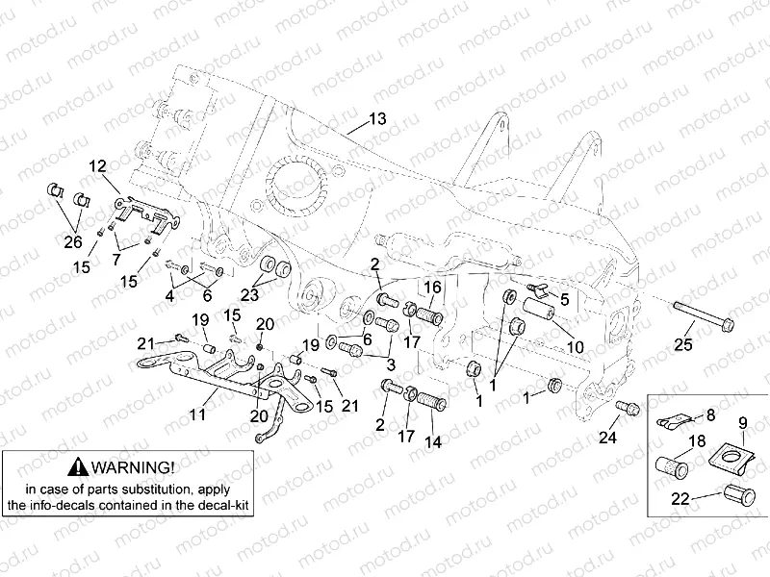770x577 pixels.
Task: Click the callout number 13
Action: (376, 119)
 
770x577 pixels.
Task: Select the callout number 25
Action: (682, 344)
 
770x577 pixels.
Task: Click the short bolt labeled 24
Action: (629, 407)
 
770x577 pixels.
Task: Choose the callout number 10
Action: (575, 346)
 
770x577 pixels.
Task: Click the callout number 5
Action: (565, 298)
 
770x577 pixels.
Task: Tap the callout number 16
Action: (432, 287)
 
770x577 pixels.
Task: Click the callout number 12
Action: (98, 165)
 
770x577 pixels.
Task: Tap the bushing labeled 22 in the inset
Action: (739, 498)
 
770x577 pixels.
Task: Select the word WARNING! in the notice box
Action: (135, 467)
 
